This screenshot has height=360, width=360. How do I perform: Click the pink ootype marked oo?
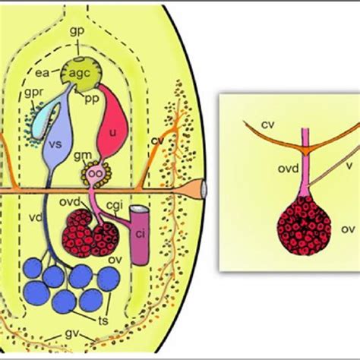[x=96, y=173]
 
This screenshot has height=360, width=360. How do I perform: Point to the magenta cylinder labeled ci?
[x=139, y=235]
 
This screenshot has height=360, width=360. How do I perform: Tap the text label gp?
[x=77, y=32]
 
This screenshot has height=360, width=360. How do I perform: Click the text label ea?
[x=42, y=73]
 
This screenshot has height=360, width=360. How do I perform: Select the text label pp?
[x=92, y=99]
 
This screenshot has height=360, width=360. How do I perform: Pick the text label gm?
[x=83, y=155]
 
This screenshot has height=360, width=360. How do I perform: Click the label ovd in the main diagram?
[x=70, y=202]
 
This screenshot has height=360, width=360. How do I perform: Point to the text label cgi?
[x=115, y=205]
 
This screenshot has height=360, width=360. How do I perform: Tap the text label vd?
[x=35, y=217]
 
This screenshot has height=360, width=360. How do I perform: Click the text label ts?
[x=103, y=321]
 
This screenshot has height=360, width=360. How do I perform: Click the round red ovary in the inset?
[x=304, y=226]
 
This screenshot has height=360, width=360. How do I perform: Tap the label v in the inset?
[x=349, y=166]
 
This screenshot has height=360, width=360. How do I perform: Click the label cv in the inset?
[x=268, y=125]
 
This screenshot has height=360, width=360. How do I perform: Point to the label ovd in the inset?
[x=289, y=169]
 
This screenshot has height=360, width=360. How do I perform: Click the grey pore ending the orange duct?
[x=204, y=189]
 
